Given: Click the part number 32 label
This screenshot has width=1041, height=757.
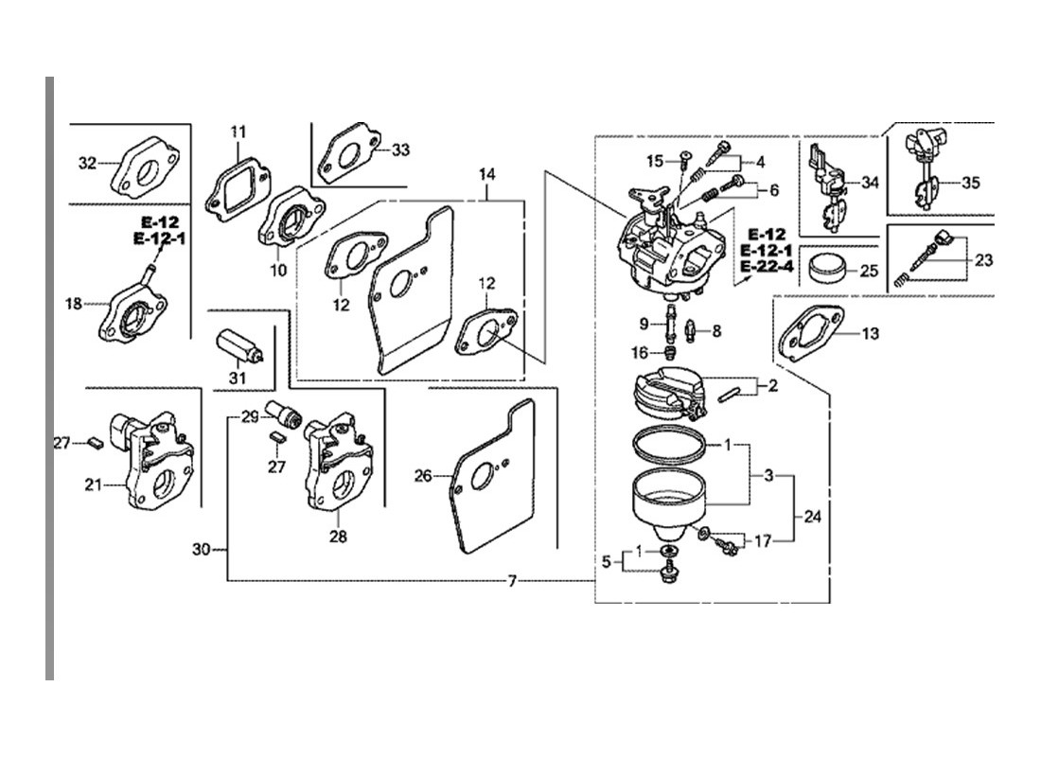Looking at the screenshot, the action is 87,163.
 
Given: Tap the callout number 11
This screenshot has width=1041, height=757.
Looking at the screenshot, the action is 238,132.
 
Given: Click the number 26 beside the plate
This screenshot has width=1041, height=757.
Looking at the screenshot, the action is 423,475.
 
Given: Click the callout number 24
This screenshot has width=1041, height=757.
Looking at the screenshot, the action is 813,516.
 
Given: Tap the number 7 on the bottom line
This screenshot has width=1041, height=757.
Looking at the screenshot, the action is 511,581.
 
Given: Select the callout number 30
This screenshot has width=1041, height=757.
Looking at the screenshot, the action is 202,549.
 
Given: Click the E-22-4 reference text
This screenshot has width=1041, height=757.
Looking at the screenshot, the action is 767,267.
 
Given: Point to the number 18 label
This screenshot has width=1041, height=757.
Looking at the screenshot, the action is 73,304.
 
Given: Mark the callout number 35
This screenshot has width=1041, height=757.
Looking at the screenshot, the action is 970,182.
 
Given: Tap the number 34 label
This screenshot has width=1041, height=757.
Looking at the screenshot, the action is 870,182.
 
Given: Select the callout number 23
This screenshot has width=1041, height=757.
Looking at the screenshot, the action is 983,259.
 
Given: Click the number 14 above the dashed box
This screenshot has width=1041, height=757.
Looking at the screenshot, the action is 486,174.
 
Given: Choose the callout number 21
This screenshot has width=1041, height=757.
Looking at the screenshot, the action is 93,484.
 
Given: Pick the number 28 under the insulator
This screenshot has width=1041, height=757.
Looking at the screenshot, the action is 338,536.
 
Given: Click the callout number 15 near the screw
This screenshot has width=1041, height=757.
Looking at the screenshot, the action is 655,161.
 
